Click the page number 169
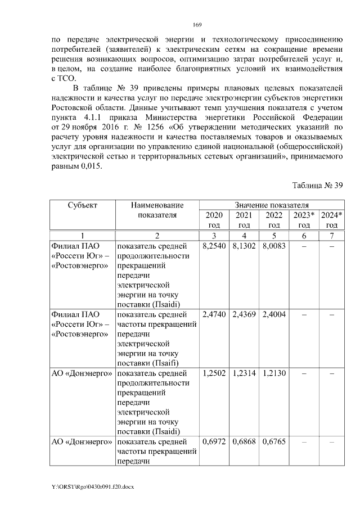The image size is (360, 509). pyautogui.click(x=197, y=25)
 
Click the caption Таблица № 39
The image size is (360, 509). pyautogui.click(x=317, y=186)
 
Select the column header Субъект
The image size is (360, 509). pyautogui.click(x=83, y=205)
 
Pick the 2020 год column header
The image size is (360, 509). pyautogui.click(x=214, y=219)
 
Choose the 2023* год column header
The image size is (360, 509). pyautogui.click(x=304, y=219)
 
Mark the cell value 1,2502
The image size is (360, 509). pyautogui.click(x=214, y=373)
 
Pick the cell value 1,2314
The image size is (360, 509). pyautogui.click(x=244, y=373)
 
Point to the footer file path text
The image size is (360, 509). pyautogui.click(x=93, y=485)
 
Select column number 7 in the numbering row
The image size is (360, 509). pyautogui.click(x=331, y=235)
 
